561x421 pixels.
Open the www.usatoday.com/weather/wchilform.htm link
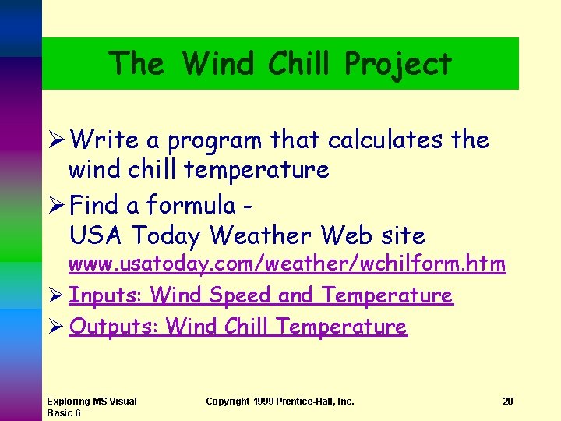(287, 265)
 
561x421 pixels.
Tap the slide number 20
(507, 402)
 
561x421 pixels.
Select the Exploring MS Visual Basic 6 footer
(91, 407)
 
